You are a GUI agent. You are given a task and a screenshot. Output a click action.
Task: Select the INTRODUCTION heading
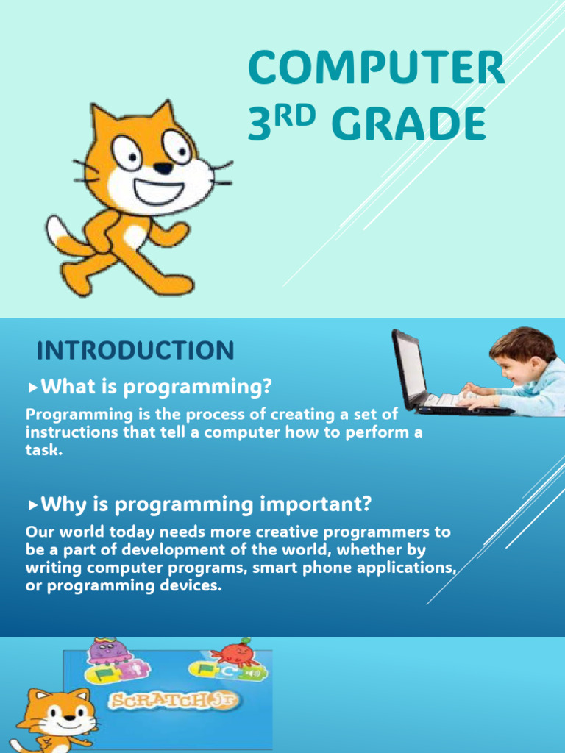point(135,351)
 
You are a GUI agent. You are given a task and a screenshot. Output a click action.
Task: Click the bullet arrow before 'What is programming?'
point(32,386)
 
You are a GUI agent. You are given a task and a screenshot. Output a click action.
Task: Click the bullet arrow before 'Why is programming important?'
point(32,505)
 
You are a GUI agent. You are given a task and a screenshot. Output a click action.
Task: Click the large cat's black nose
point(163,168)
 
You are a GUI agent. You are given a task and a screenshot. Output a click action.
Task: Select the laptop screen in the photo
point(410,365)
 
